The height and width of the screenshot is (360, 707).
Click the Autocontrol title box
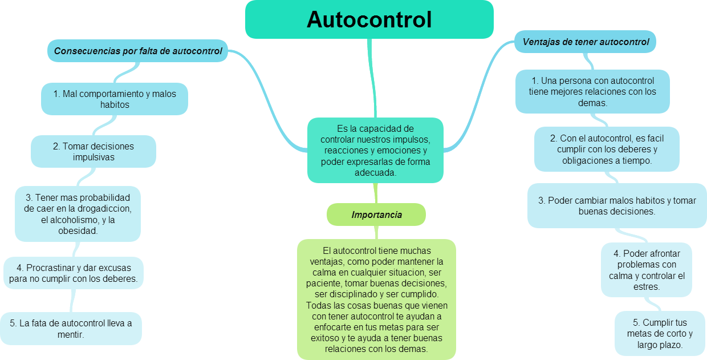(369, 19)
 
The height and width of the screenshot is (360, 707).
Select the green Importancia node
(376, 215)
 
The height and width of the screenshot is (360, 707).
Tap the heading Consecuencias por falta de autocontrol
(137, 51)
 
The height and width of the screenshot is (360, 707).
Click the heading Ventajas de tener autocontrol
(585, 42)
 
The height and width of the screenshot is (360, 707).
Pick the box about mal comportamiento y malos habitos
(115, 99)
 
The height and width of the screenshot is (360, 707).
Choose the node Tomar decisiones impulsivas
(94, 152)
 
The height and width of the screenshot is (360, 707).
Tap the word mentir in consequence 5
(71, 334)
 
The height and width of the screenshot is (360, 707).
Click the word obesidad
(78, 231)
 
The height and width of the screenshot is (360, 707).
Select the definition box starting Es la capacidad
(375, 150)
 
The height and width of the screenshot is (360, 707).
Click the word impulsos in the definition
(411, 140)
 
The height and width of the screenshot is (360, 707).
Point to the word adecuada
(375, 173)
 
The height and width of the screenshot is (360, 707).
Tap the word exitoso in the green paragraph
(325, 338)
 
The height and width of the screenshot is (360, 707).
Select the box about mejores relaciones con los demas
(592, 92)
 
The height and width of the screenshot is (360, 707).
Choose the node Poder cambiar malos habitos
(617, 205)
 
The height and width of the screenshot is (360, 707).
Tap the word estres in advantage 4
(647, 287)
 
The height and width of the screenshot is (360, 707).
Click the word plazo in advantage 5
(671, 345)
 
